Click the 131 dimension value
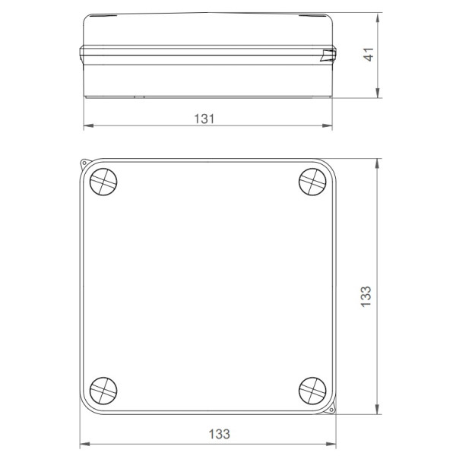pos(204,119)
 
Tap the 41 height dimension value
pos(369,55)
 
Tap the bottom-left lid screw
pos(103,390)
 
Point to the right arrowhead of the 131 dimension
pos(330,126)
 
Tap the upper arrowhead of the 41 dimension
pos(378,16)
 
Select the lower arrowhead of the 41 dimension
pos(378,96)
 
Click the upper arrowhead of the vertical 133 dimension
pos(377,163)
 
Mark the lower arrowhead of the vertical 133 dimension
pos(377,411)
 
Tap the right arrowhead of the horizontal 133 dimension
pos(333,444)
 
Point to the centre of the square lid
pos(207,287)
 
